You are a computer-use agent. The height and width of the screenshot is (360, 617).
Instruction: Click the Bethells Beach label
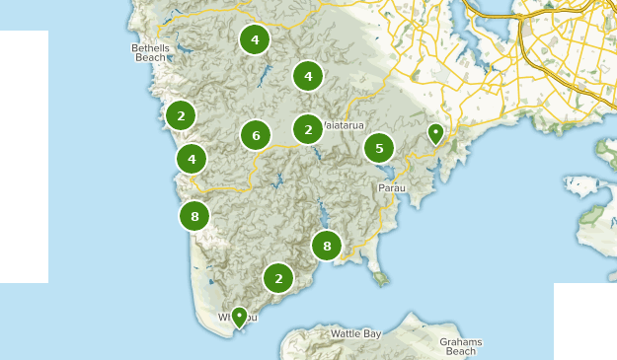151,52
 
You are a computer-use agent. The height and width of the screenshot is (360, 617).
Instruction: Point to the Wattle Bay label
355,334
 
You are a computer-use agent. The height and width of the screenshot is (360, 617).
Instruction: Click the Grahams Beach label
461,346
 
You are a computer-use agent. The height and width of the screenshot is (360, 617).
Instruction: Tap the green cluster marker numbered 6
256,135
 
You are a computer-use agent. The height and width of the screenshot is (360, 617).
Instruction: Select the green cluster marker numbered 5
379,148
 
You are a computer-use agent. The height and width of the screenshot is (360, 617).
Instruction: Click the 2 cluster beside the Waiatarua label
308,128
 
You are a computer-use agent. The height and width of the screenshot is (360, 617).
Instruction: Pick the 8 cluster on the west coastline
194,216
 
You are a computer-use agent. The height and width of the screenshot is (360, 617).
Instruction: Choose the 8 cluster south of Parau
326,246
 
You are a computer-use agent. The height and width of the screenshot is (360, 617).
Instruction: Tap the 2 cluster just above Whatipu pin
278,278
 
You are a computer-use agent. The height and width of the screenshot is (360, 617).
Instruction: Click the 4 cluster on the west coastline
192,158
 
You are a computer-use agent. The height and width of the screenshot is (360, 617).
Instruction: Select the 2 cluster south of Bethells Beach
181,115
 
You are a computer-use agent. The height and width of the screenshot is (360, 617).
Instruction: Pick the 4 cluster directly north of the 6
255,39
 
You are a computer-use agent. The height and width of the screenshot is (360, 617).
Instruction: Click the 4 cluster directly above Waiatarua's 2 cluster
308,75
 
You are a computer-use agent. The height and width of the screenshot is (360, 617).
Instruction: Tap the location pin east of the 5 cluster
434,133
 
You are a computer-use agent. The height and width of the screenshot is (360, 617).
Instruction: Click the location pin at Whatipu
238,317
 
